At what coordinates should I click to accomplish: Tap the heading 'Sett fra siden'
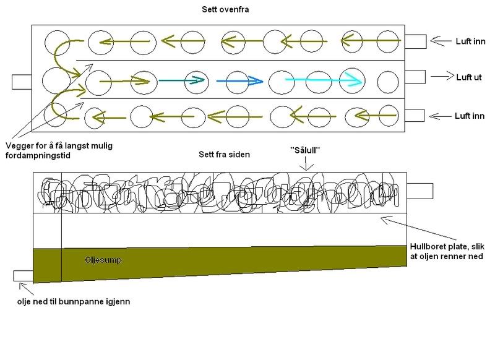224,154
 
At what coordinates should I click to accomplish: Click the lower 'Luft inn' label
471,115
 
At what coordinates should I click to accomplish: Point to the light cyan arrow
323,80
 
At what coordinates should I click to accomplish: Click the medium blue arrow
241,80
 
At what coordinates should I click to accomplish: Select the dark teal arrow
182,80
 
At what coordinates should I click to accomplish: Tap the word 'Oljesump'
102,260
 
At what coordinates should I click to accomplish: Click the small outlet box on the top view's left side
22,82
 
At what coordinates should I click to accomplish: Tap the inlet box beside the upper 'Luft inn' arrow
415,41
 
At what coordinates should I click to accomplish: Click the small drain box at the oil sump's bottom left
23,275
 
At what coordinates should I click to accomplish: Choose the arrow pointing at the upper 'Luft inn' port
439,40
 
